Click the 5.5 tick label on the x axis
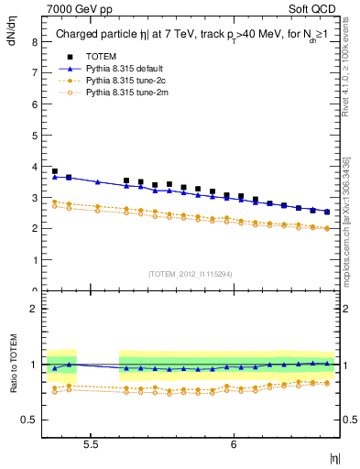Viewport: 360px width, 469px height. click(x=91, y=443)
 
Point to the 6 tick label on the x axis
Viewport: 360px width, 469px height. click(x=234, y=443)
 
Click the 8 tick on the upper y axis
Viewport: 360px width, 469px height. click(x=33, y=42)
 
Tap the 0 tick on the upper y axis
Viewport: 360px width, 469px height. click(x=33, y=290)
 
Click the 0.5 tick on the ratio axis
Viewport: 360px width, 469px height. click(x=29, y=420)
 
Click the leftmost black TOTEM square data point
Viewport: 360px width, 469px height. click(x=55, y=171)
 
